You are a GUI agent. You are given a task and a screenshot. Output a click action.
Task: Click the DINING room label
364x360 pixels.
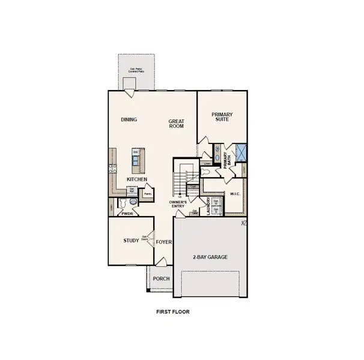pyautogui.click(x=129, y=119)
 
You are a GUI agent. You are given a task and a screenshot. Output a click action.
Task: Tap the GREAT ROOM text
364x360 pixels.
pyautogui.click(x=175, y=124)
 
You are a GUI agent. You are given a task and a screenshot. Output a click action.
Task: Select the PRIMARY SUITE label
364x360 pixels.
pyautogui.click(x=222, y=117)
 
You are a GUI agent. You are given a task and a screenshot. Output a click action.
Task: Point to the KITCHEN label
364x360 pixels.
pyautogui.click(x=138, y=179)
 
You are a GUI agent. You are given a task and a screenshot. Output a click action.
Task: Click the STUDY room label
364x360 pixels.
pyautogui.click(x=131, y=241)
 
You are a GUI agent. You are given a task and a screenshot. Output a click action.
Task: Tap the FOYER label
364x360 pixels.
pyautogui.click(x=164, y=242)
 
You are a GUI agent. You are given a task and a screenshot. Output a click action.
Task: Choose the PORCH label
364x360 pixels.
pyautogui.click(x=160, y=279)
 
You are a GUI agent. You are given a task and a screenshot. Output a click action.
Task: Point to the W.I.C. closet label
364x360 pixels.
pyautogui.click(x=235, y=194)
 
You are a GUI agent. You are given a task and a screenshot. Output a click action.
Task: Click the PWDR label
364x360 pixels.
pyautogui.click(x=126, y=213)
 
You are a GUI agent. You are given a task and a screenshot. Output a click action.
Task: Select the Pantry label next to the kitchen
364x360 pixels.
pyautogui.click(x=146, y=194)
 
